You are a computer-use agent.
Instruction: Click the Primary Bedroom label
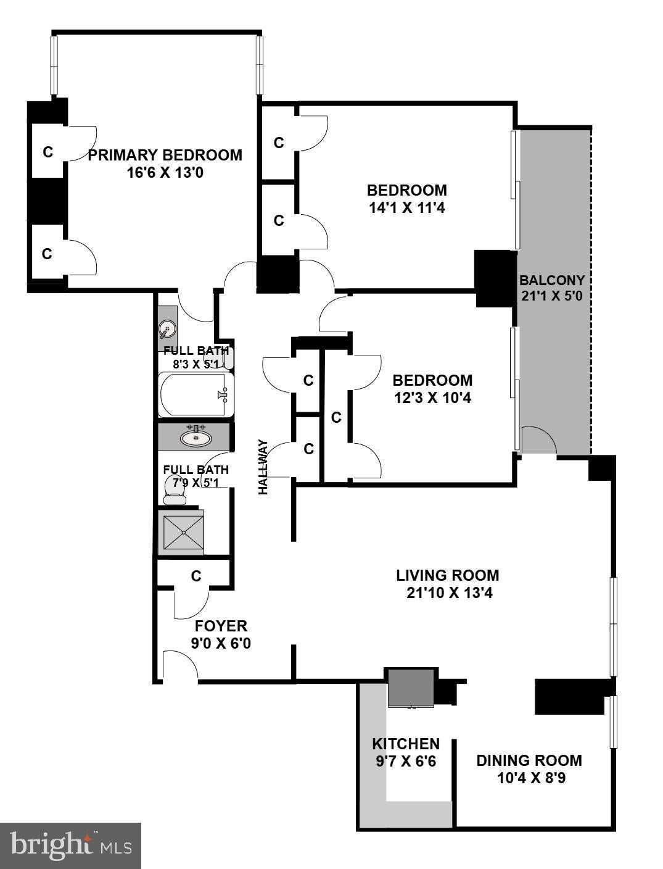tap(165, 155)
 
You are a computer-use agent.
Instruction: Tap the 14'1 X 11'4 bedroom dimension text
tap(407, 208)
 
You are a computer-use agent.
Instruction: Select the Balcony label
tap(552, 280)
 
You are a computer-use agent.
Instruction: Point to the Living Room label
tap(447, 575)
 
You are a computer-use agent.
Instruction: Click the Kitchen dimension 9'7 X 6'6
tap(406, 762)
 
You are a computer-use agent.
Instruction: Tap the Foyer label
tap(221, 626)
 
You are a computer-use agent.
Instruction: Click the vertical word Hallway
tap(263, 467)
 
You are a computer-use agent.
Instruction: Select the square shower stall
tap(181, 532)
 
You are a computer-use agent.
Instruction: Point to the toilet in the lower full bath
tap(175, 489)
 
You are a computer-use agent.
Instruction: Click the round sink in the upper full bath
tap(166, 328)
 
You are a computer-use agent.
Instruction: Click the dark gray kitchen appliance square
tap(411, 688)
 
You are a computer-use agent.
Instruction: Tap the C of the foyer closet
tap(196, 576)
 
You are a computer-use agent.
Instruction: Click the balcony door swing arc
tap(540, 439)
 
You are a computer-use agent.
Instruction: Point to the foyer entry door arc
tap(180, 662)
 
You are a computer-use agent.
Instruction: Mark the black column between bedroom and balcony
tap(496, 279)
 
